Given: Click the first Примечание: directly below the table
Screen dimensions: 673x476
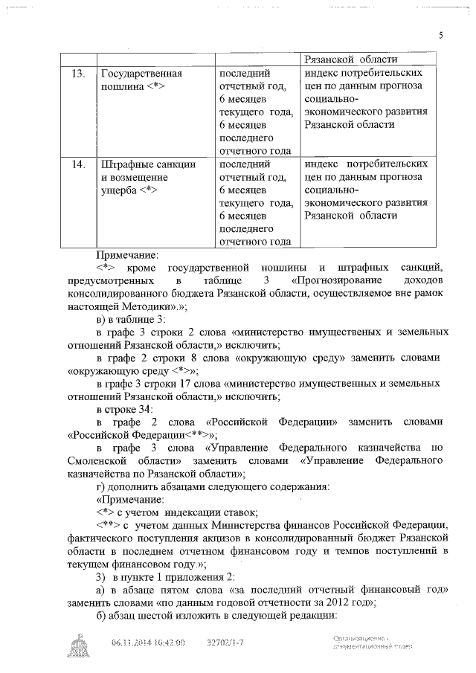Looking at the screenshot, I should [x=127, y=254].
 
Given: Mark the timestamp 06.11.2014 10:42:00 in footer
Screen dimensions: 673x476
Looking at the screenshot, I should [x=148, y=643].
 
